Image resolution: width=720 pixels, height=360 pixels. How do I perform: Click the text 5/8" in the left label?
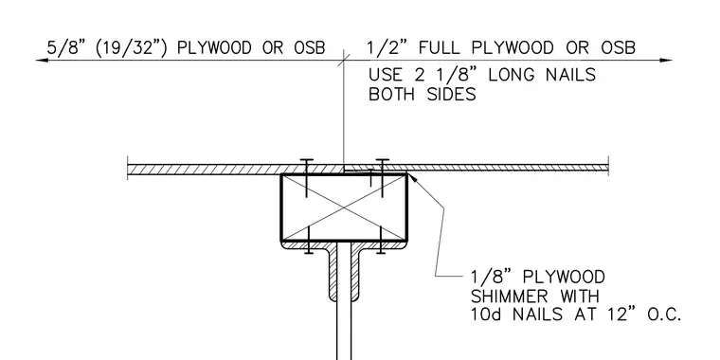pyautogui.click(x=65, y=47)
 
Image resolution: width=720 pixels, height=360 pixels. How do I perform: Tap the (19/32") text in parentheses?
pyautogui.click(x=132, y=47)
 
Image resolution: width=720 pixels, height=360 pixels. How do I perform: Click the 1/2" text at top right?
pyautogui.click(x=385, y=47)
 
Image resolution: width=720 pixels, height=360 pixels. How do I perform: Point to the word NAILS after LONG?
pyautogui.click(x=570, y=75)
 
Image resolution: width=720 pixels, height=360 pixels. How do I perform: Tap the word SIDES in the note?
pyautogui.click(x=452, y=94)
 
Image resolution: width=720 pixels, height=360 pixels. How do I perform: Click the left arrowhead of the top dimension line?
pyautogui.click(x=42, y=60)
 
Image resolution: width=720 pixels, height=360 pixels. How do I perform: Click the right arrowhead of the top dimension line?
pyautogui.click(x=666, y=60)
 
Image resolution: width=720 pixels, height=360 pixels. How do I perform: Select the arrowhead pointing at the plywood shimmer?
pyautogui.click(x=412, y=178)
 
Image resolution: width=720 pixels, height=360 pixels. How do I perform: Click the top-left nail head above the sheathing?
pyautogui.click(x=306, y=160)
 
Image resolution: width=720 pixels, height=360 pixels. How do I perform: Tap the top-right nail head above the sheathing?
pyautogui.click(x=382, y=160)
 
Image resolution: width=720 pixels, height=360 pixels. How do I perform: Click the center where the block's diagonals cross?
pyautogui.click(x=344, y=207)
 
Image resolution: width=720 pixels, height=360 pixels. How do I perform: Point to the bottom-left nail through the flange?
pyautogui.click(x=309, y=240)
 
